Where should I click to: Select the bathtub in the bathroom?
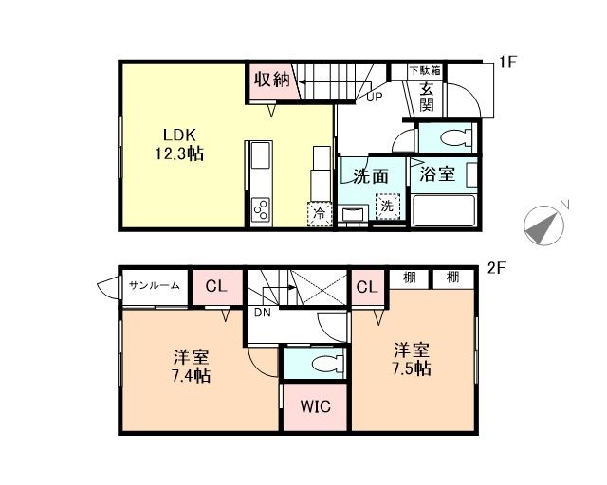click(443, 209)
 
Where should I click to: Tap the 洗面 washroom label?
click(371, 175)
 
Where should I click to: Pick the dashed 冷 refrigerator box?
click(320, 214)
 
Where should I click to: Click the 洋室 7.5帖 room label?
click(413, 358)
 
